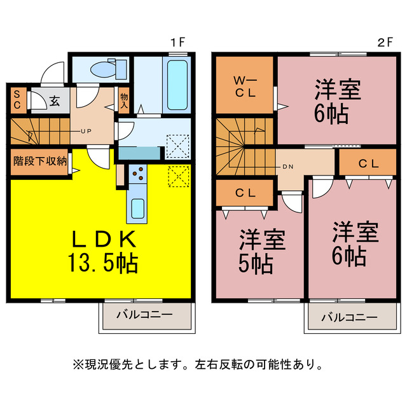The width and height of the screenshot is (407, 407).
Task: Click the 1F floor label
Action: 177,43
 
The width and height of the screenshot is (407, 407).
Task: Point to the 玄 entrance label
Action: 55,101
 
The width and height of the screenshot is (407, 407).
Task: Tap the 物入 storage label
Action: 124,101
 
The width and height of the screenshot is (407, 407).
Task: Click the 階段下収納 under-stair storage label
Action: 40,160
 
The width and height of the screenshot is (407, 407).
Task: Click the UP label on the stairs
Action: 85,132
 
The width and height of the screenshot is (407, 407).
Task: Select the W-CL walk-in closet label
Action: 244,86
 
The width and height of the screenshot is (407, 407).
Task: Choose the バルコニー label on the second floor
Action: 348,316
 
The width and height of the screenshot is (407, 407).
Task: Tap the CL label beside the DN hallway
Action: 368,163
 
